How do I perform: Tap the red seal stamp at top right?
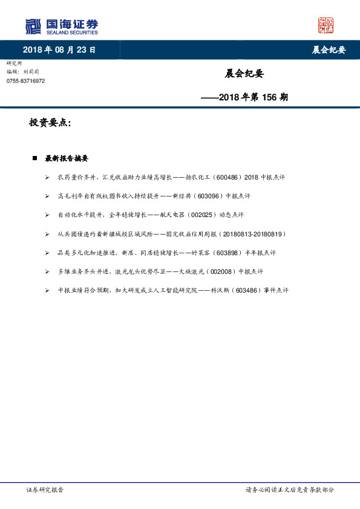tap(326, 26)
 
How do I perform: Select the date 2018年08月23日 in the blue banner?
tap(59, 50)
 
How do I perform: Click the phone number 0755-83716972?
tap(25, 81)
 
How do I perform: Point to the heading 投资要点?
tap(50, 123)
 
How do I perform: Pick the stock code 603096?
tap(208, 196)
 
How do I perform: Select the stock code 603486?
tap(245, 290)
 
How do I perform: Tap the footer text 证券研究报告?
tap(45, 490)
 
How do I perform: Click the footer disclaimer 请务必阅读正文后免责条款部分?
tap(289, 490)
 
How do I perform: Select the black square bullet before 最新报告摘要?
tap(35, 159)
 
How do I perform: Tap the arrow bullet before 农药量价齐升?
tap(47, 178)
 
